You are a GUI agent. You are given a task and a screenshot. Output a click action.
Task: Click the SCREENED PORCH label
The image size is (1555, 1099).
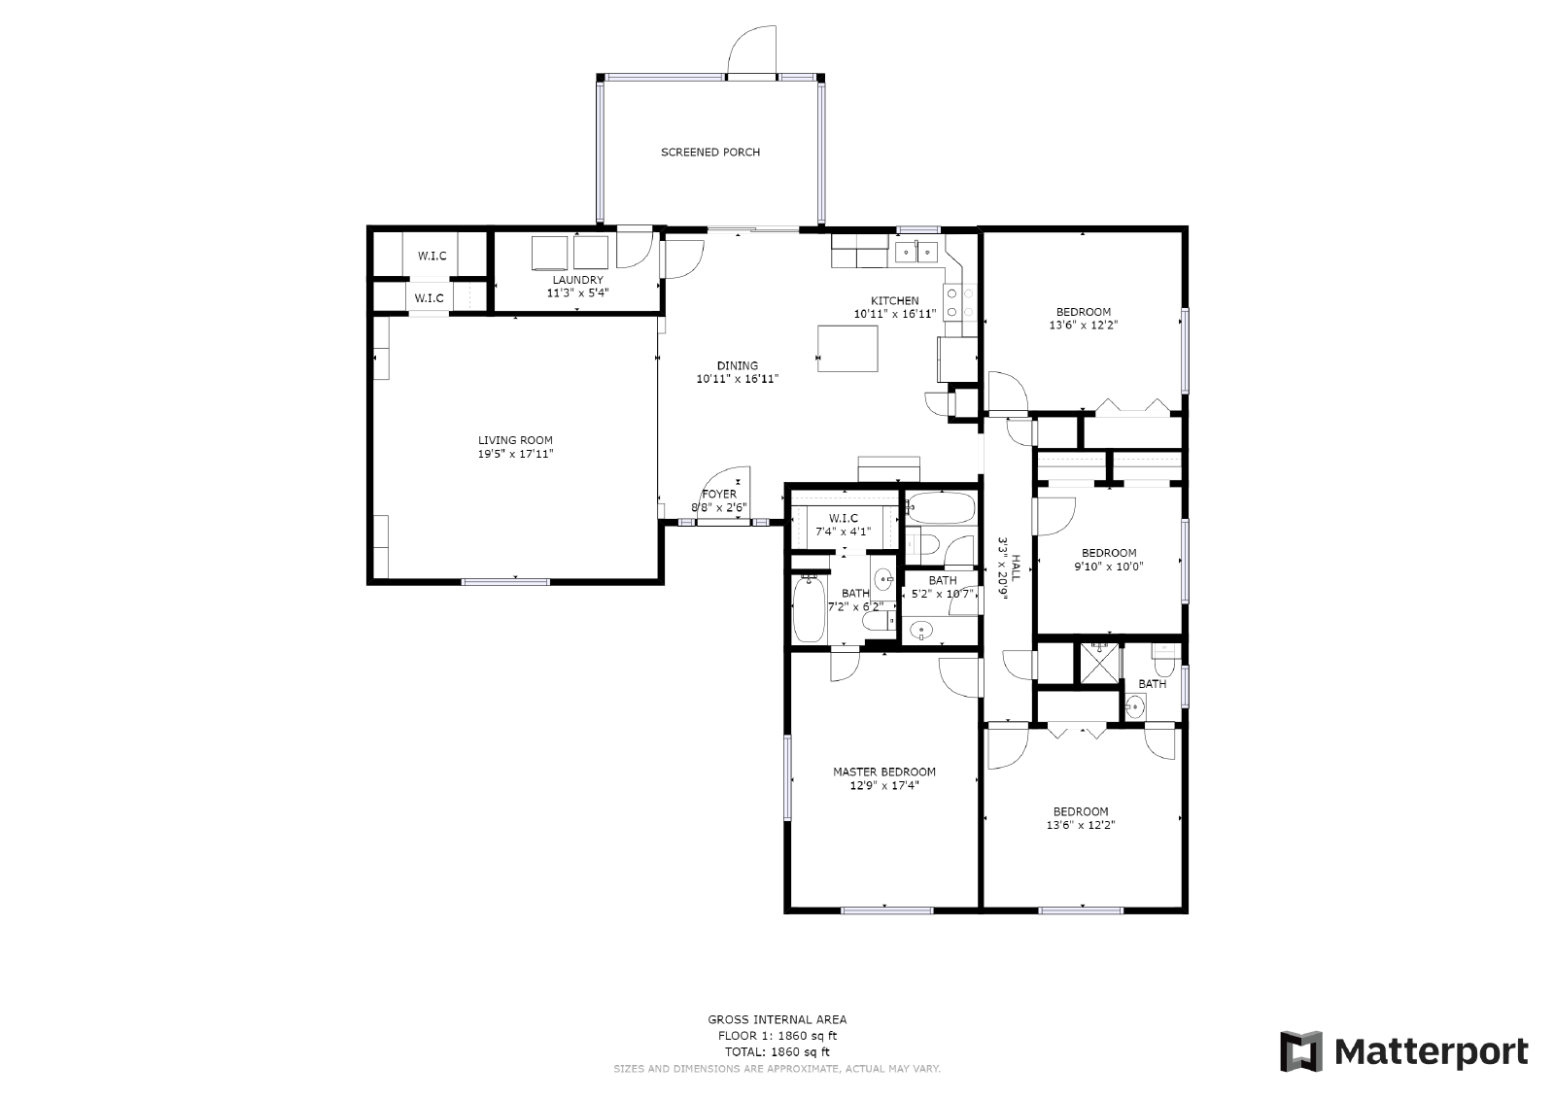pos(709,153)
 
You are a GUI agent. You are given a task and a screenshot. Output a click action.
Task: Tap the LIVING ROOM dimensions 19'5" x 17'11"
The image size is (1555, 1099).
pos(514,454)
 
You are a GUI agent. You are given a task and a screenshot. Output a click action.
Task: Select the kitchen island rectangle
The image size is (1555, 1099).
pos(847,349)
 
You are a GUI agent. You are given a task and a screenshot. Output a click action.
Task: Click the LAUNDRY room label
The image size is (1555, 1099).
pos(577,280)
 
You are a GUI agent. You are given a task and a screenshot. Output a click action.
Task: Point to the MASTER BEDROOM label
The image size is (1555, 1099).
pos(883,773)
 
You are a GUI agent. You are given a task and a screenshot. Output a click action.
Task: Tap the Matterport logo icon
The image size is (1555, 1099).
pos(1300,1051)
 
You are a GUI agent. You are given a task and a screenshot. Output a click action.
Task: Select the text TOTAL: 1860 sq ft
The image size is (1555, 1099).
pos(777,1051)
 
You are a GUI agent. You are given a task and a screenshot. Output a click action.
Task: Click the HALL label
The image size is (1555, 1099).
pos(1016,567)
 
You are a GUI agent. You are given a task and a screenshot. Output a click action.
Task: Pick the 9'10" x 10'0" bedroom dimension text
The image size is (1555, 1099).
pos(1108,567)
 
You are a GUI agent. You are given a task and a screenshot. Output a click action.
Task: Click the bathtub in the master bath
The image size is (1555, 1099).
pos(809,610)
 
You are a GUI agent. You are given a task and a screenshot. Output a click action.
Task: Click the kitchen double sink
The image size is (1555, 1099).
pos(916,252)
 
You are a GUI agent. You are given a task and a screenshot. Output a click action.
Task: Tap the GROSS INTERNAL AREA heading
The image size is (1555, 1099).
pos(777,1019)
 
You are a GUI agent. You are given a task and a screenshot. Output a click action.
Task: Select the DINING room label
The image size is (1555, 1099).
pos(738,366)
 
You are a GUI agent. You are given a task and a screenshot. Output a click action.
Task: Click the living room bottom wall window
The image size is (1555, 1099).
pos(505,582)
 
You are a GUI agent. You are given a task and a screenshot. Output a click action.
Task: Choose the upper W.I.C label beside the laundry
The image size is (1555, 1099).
pos(432,257)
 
